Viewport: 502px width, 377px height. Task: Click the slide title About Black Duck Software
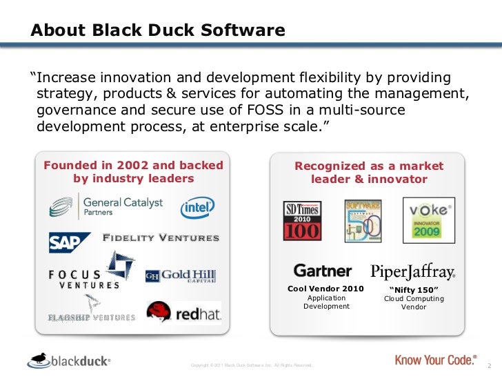(158, 31)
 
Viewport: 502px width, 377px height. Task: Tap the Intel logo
(197, 208)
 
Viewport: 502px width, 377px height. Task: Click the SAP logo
(69, 242)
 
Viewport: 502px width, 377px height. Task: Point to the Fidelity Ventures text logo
(161, 239)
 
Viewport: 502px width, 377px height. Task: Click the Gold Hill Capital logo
(180, 275)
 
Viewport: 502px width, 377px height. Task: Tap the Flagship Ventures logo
(91, 310)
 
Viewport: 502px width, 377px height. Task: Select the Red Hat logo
(183, 312)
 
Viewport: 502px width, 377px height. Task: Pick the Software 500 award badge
(363, 220)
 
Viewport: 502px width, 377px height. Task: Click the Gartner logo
(323, 270)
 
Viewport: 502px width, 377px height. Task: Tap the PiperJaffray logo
(412, 270)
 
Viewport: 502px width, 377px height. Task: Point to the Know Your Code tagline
(436, 360)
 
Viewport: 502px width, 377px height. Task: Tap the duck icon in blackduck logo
(39, 358)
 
